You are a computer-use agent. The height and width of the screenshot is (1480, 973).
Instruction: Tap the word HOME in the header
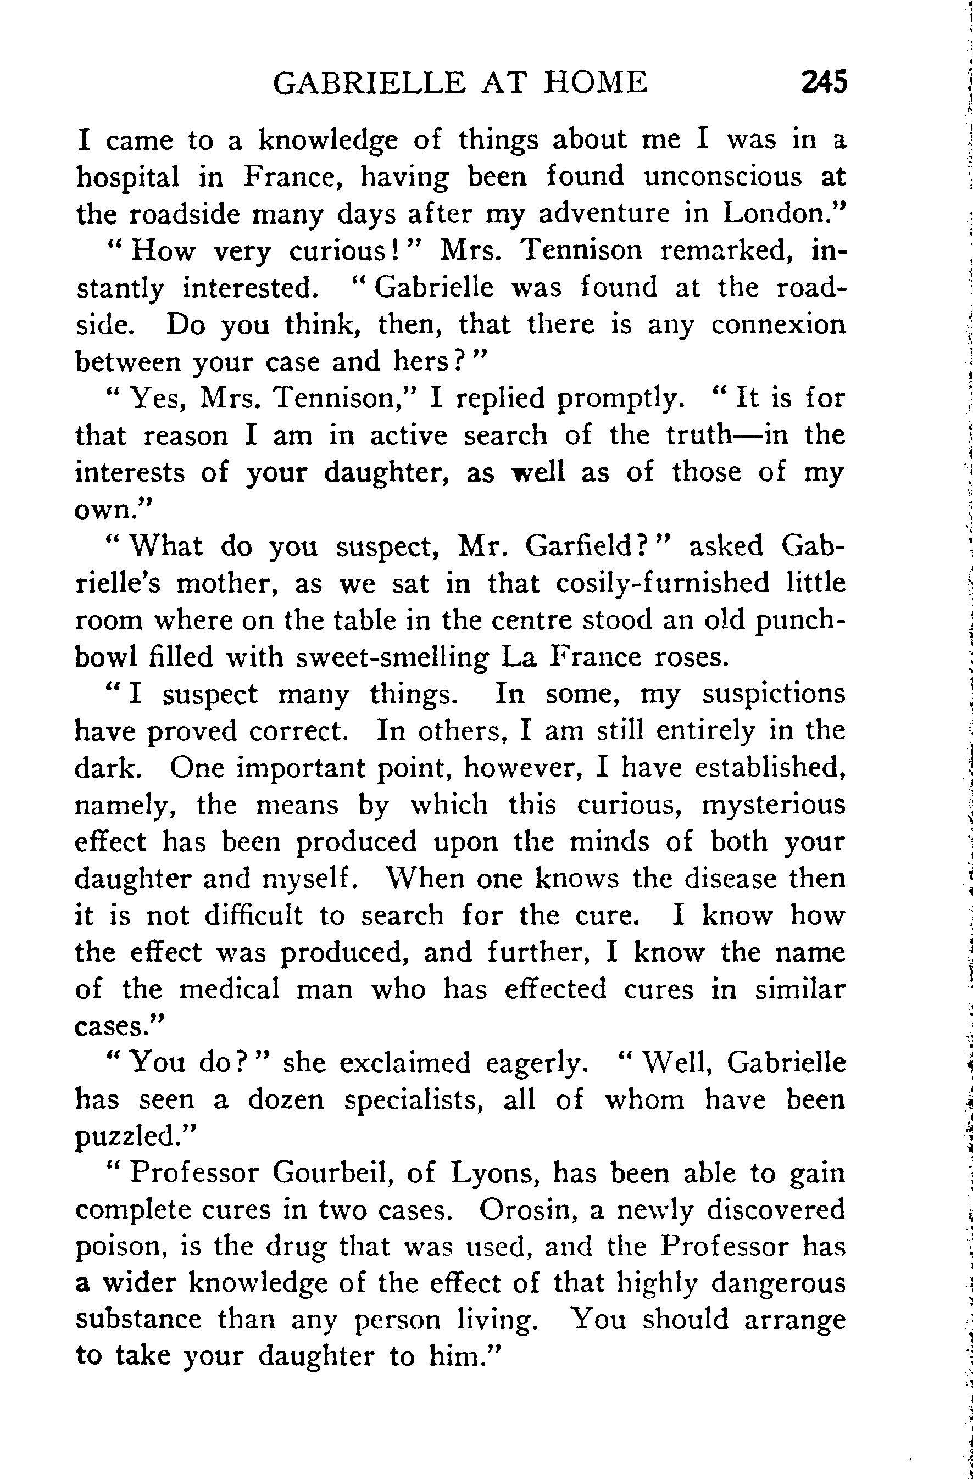click(x=596, y=83)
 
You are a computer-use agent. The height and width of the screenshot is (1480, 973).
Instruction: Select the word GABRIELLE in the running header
click(x=369, y=83)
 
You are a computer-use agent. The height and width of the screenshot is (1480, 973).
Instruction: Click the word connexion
click(x=779, y=325)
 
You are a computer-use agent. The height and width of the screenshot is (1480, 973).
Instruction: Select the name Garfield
click(x=587, y=546)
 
